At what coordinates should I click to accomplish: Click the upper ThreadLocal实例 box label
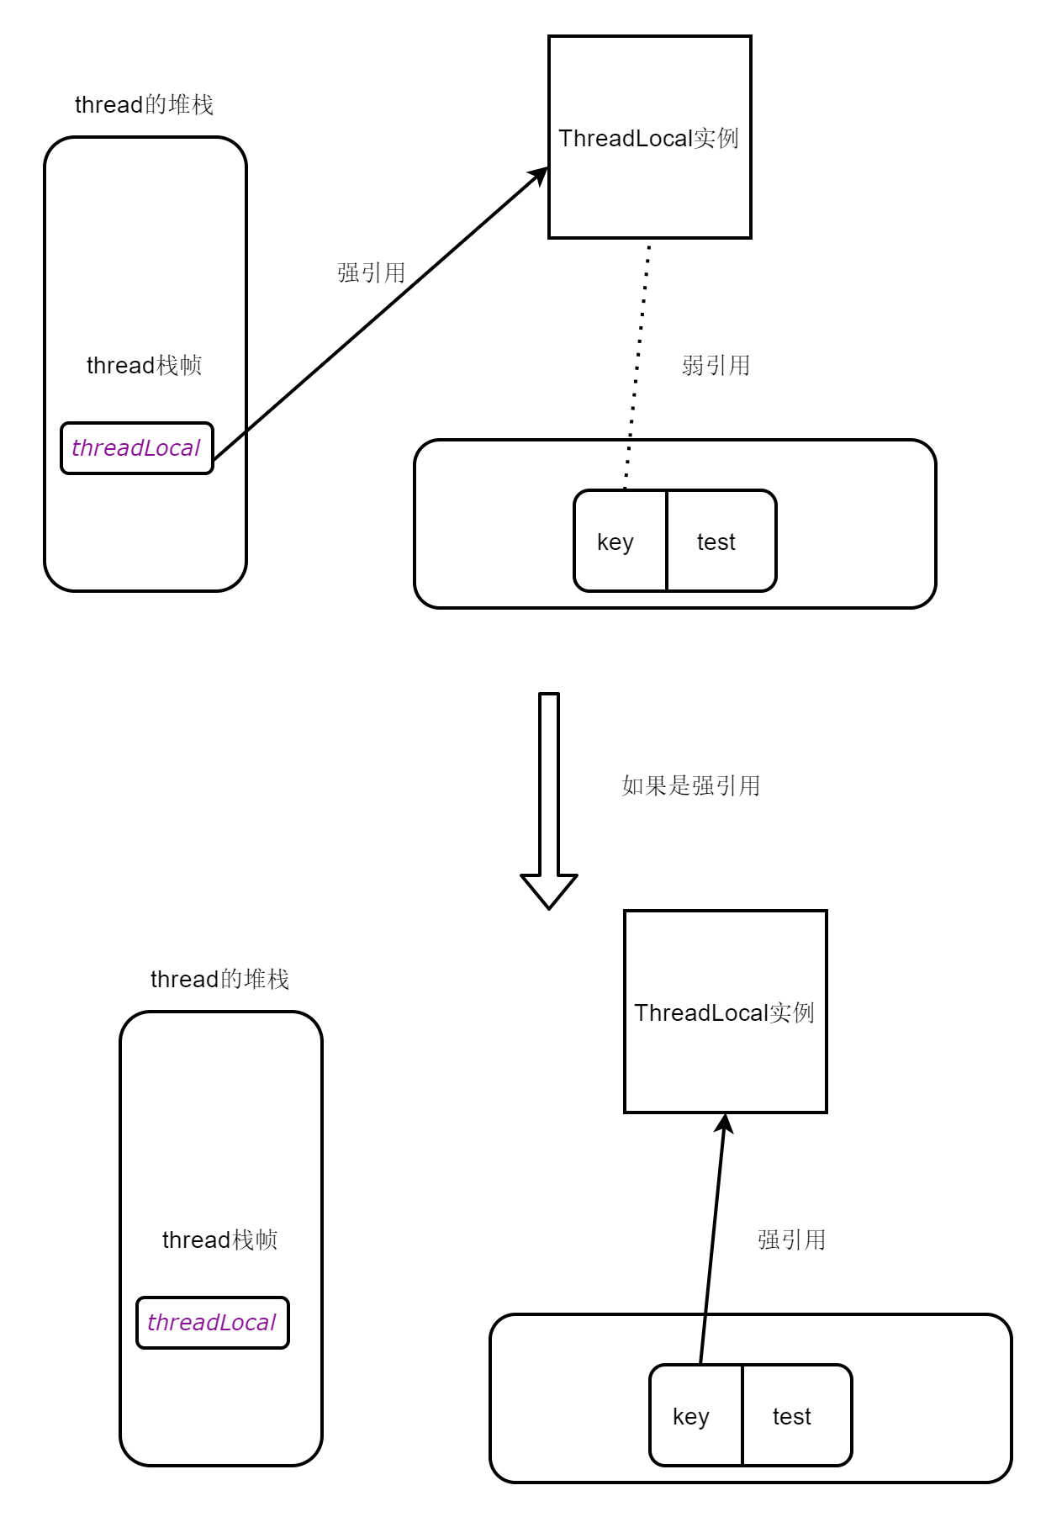[648, 138]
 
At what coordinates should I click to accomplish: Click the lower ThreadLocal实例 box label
[724, 1012]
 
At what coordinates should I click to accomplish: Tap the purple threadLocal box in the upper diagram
[136, 448]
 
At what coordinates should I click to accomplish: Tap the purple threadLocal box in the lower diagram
[212, 1323]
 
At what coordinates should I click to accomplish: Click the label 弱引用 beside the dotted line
[716, 365]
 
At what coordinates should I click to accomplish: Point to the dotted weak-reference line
[637, 362]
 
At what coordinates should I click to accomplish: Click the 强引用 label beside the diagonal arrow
[371, 272]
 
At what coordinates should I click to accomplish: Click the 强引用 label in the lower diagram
[791, 1239]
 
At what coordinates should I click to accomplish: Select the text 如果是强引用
[690, 785]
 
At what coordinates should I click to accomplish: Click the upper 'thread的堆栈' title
[144, 104]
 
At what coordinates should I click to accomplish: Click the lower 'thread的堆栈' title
[219, 979]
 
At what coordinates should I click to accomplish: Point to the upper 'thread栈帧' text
[144, 365]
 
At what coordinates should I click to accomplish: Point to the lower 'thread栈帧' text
[219, 1239]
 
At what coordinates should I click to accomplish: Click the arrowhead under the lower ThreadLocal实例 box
[724, 1123]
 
